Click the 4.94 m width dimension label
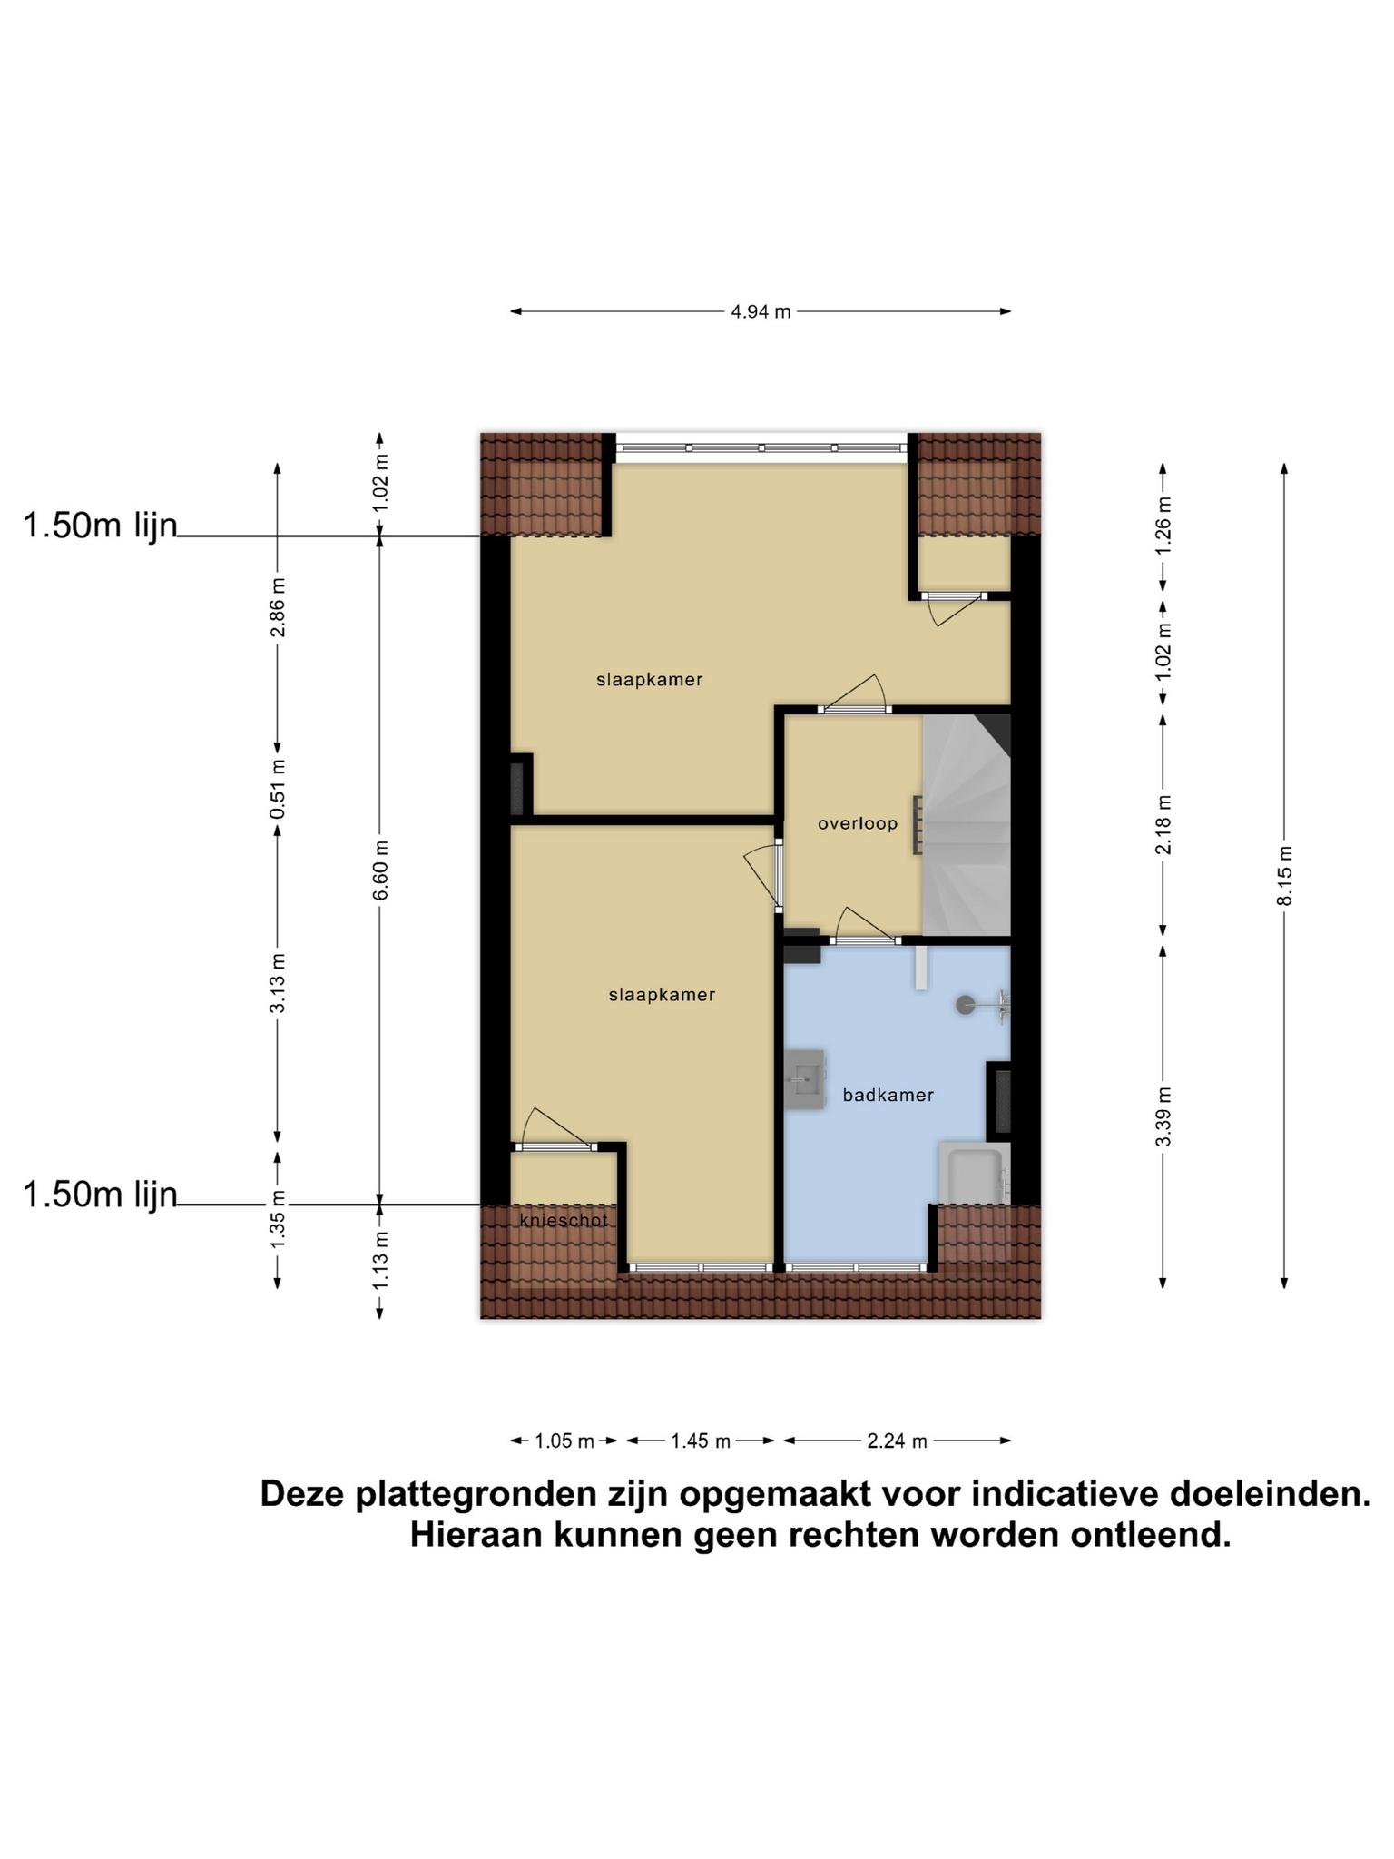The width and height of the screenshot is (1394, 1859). [761, 311]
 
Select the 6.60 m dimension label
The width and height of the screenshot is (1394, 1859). [381, 869]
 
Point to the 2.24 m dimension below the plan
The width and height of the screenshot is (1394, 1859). [897, 1441]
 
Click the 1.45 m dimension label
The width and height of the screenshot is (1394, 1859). [701, 1441]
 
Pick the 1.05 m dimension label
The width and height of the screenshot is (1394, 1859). [564, 1441]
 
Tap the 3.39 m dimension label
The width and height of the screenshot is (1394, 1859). [1163, 1116]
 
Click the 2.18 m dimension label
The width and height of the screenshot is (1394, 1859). [1163, 824]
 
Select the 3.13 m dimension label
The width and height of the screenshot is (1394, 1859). [279, 983]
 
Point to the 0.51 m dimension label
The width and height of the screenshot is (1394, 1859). [279, 788]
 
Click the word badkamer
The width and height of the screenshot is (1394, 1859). [888, 1095]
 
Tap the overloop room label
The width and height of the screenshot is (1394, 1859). [858, 824]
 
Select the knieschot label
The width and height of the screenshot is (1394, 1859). [564, 1221]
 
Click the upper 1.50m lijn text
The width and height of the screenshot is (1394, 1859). [100, 526]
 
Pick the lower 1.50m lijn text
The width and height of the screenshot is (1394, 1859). [100, 1195]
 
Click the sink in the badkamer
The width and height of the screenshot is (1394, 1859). [805, 1079]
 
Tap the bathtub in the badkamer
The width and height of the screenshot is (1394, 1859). [974, 1174]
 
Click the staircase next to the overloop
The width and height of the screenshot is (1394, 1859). [966, 825]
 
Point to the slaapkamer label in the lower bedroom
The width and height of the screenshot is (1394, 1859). [662, 995]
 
